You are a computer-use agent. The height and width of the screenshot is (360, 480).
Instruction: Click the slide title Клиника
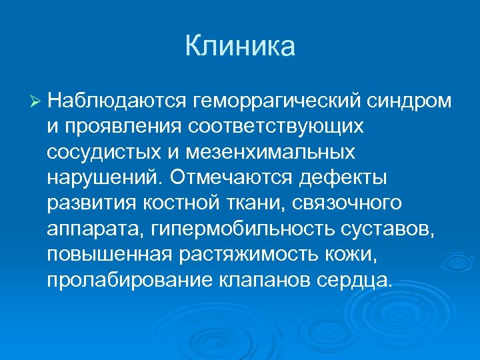(239, 47)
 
